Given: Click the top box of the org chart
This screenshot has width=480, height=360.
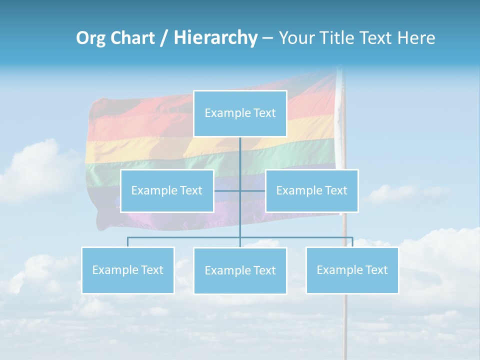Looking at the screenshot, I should click(x=240, y=113).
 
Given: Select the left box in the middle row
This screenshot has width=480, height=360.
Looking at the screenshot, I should click(x=167, y=190).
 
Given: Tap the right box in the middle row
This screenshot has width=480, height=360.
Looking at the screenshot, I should click(x=311, y=190).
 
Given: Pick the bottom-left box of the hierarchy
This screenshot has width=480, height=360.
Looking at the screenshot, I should click(x=127, y=270).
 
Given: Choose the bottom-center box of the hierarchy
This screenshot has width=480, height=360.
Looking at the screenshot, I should click(x=240, y=270).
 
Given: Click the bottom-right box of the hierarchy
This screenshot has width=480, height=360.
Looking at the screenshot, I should click(x=352, y=270).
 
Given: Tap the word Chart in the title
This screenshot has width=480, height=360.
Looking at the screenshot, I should click(x=131, y=38).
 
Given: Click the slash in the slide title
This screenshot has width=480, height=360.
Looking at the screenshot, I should click(x=164, y=38).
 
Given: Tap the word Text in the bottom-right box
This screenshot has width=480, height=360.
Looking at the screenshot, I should click(x=375, y=270).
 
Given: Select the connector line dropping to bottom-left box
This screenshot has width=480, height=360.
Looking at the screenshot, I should click(x=127, y=242).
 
